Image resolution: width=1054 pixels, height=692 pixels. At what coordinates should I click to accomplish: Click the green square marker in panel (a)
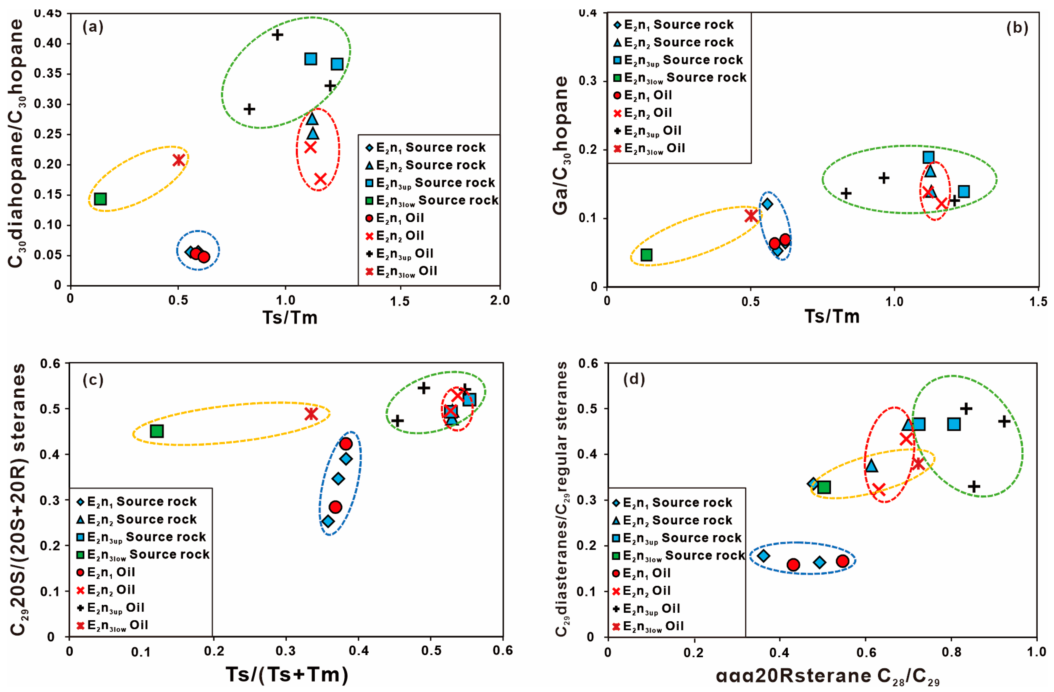tap(101, 199)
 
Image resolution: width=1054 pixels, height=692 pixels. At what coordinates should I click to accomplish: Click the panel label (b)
tap(1017, 27)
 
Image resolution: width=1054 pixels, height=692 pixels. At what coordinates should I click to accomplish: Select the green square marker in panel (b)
tap(647, 255)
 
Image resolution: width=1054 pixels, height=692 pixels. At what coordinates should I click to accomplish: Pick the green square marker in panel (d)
tap(824, 487)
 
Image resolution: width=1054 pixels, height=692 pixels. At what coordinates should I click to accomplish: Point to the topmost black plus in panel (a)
tap(277, 35)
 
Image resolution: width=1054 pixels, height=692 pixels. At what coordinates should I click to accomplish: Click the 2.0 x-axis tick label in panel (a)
tap(500, 300)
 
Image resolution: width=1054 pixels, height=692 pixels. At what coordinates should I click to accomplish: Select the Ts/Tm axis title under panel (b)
tap(832, 316)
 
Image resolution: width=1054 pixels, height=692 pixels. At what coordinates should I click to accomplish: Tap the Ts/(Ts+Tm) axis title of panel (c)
tap(287, 674)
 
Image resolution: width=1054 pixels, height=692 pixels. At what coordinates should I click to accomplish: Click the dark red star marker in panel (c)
tap(311, 414)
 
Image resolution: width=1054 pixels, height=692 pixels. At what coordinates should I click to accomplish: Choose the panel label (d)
tap(634, 379)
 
